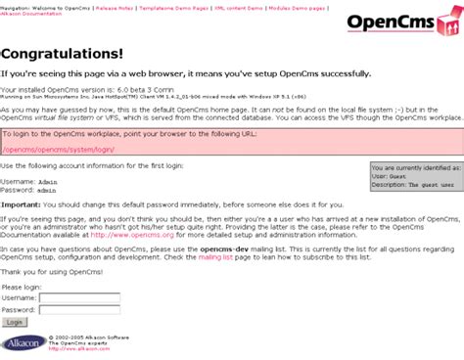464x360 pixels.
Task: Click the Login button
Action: [15, 321]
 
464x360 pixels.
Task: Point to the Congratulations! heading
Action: [63, 55]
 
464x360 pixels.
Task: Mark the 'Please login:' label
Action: [21, 286]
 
